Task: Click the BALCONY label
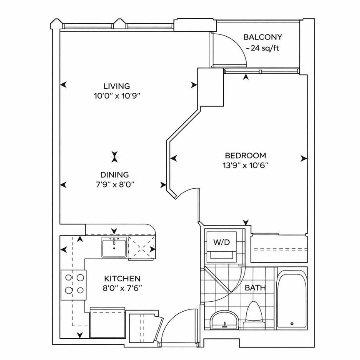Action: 263,37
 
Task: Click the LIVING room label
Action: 117,86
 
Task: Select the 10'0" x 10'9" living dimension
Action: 117,96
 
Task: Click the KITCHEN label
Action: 122,278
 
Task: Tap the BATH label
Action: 255,287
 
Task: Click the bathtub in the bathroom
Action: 292,300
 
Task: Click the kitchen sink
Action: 114,248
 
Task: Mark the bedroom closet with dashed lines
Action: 280,249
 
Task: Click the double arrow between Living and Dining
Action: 115,156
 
